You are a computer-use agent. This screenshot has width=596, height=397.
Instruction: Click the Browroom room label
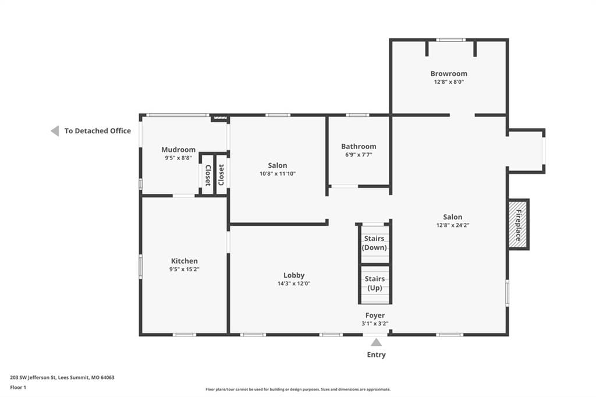click(x=449, y=74)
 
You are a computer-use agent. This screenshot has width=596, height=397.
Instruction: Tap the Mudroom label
click(x=178, y=150)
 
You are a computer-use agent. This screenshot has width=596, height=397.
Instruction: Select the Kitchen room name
click(x=185, y=261)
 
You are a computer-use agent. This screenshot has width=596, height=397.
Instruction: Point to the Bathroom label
click(x=359, y=147)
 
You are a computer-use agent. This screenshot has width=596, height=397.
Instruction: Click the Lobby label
click(x=294, y=275)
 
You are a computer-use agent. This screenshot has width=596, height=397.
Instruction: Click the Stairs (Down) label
click(x=374, y=243)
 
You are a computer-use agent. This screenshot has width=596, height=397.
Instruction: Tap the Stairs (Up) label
click(x=375, y=283)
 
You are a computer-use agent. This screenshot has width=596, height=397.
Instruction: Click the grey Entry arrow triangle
click(x=377, y=343)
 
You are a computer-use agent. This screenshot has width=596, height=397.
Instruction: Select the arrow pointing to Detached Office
click(x=55, y=131)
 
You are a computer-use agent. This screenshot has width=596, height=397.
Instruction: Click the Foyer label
click(x=375, y=316)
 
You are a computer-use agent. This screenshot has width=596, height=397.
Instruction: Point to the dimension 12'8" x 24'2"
click(x=453, y=225)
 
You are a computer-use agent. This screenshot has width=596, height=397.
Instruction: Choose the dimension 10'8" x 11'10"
click(x=278, y=174)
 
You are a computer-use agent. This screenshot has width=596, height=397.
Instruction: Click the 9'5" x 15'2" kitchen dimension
click(x=185, y=270)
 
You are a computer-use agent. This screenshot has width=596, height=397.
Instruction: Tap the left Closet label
click(x=208, y=175)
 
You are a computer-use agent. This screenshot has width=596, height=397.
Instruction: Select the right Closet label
click(x=221, y=175)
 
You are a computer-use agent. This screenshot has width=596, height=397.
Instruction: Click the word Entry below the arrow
click(x=377, y=355)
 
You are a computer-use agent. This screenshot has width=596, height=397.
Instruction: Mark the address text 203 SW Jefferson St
click(x=33, y=378)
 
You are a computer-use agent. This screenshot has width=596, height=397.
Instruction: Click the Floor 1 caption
click(x=18, y=388)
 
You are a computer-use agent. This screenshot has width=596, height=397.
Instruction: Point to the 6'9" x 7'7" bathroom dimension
click(x=359, y=155)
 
